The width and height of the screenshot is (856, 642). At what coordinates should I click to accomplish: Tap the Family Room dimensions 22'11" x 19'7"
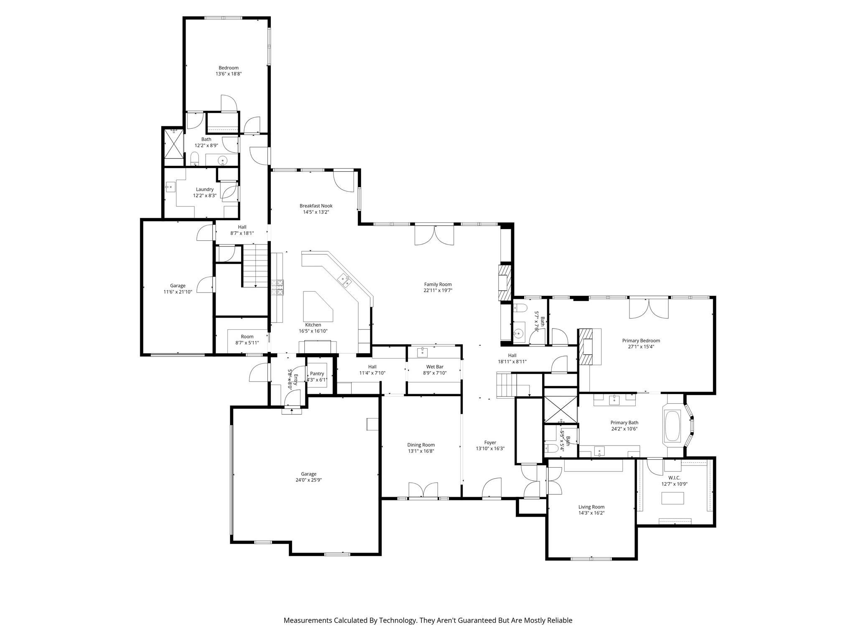pyautogui.click(x=438, y=290)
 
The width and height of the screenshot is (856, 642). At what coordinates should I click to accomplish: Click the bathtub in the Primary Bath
pyautogui.click(x=672, y=426)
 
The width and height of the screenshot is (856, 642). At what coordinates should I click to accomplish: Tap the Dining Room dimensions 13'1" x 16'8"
pyautogui.click(x=421, y=451)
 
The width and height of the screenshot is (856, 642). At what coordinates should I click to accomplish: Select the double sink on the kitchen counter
pyautogui.click(x=345, y=280)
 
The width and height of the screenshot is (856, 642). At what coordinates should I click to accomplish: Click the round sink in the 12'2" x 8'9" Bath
pyautogui.click(x=223, y=160)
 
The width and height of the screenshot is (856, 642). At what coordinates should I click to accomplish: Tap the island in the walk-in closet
pyautogui.click(x=673, y=498)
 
